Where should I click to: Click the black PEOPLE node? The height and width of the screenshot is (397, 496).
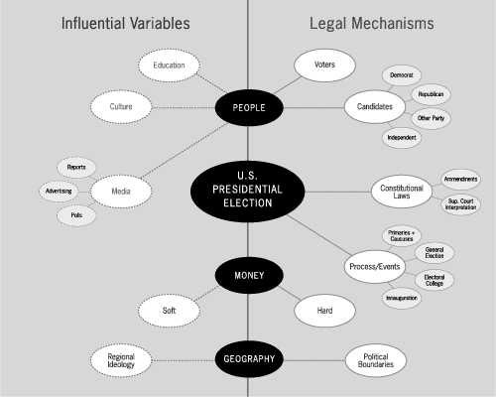click(249, 107)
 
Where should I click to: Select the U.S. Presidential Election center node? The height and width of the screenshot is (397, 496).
click(247, 192)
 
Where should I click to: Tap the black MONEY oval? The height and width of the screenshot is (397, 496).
click(249, 275)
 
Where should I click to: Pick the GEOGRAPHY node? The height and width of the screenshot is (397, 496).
click(249, 359)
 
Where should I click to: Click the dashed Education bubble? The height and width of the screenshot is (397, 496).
click(169, 66)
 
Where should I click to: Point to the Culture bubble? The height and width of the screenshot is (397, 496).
click(121, 107)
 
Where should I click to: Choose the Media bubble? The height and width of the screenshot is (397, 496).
click(121, 192)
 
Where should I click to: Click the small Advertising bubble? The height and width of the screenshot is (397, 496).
click(59, 191)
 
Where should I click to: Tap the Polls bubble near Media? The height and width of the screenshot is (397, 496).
click(76, 215)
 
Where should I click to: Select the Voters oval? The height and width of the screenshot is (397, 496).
click(324, 65)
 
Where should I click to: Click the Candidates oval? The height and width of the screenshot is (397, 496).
click(375, 106)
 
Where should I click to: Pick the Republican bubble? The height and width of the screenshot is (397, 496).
click(431, 94)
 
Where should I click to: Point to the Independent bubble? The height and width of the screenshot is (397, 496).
click(402, 137)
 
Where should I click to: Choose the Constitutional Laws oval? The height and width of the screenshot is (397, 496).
click(402, 192)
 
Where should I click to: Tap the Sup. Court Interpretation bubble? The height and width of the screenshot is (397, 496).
click(460, 204)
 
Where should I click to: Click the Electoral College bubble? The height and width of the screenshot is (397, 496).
click(434, 280)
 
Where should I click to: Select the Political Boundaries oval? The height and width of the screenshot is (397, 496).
click(376, 360)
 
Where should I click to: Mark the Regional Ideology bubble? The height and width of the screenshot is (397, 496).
click(121, 360)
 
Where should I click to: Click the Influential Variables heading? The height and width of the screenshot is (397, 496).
click(126, 24)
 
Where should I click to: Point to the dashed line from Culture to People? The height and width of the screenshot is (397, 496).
click(184, 107)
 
